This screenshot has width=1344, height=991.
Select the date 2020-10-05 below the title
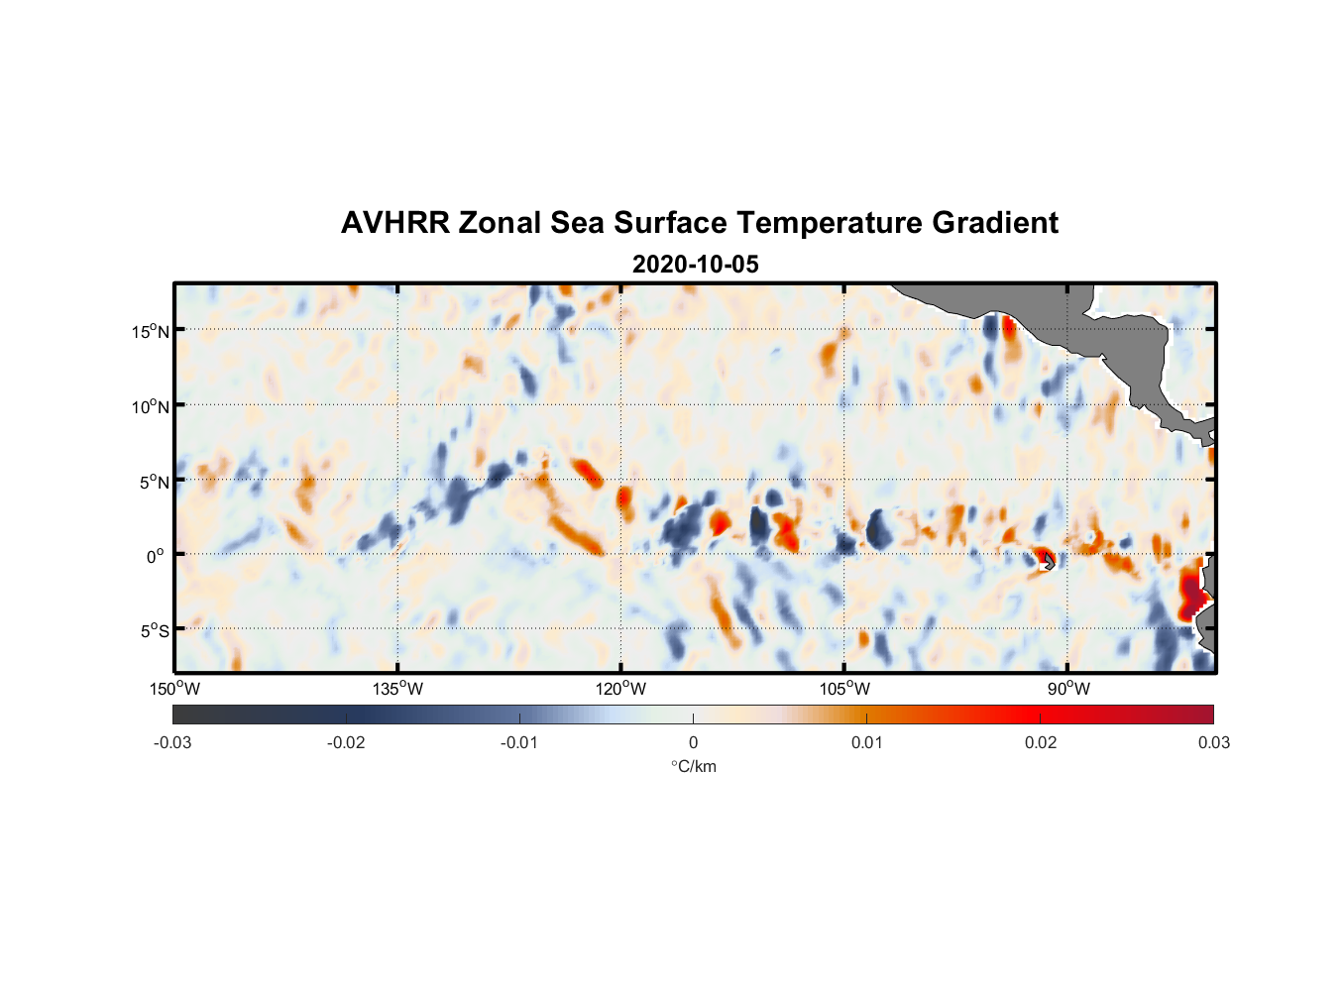pyautogui.click(x=695, y=265)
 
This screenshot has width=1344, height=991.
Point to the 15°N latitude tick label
pyautogui.click(x=151, y=331)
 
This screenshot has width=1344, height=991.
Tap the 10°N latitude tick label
pyautogui.click(x=151, y=406)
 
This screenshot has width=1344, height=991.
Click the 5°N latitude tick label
pyautogui.click(x=154, y=482)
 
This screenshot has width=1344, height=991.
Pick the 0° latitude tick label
pyautogui.click(x=156, y=556)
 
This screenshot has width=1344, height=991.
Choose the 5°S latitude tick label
pyautogui.click(x=154, y=631)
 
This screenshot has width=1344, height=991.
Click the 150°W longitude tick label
pyautogui.click(x=175, y=689)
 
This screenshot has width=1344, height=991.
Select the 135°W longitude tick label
pyautogui.click(x=398, y=689)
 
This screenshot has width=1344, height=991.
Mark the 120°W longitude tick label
pyautogui.click(x=621, y=689)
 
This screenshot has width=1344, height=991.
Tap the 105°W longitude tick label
pyautogui.click(x=844, y=689)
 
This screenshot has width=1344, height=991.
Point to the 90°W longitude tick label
pyautogui.click(x=1068, y=689)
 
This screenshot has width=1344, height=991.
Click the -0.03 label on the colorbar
pyautogui.click(x=172, y=742)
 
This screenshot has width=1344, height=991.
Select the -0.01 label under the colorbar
pyautogui.click(x=519, y=742)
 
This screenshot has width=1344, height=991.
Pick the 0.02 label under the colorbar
pyautogui.click(x=1040, y=742)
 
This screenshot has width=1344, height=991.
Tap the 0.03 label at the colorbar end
pyautogui.click(x=1213, y=742)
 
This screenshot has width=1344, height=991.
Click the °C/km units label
pyautogui.click(x=693, y=766)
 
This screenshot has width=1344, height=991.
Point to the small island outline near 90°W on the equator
pyautogui.click(x=1049, y=562)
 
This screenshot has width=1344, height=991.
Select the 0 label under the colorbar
pyautogui.click(x=693, y=742)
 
